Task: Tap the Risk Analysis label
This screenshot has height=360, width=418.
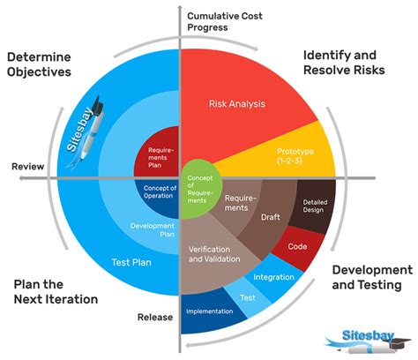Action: [x=237, y=103]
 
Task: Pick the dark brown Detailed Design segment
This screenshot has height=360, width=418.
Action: [x=313, y=206]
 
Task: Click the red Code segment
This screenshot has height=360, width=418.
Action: [x=297, y=247]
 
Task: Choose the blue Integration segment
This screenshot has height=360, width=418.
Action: [x=273, y=277]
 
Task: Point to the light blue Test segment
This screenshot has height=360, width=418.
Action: [x=248, y=297]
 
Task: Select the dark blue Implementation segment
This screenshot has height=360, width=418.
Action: [x=209, y=311]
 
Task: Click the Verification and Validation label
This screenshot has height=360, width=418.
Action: [x=214, y=254]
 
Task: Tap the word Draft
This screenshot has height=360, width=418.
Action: [x=271, y=217]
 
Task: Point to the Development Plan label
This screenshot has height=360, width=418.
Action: [x=153, y=230]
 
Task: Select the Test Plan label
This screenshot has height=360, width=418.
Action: [x=131, y=262]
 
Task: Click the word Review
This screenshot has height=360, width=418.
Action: [x=28, y=167]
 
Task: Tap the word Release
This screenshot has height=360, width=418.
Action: [x=155, y=317]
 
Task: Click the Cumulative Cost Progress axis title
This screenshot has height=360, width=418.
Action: [x=225, y=21]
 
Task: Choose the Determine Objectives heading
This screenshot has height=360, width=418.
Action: [x=39, y=64]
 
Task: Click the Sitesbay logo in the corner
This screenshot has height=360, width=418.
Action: [x=368, y=342]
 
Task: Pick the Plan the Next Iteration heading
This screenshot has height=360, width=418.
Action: [x=56, y=292]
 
